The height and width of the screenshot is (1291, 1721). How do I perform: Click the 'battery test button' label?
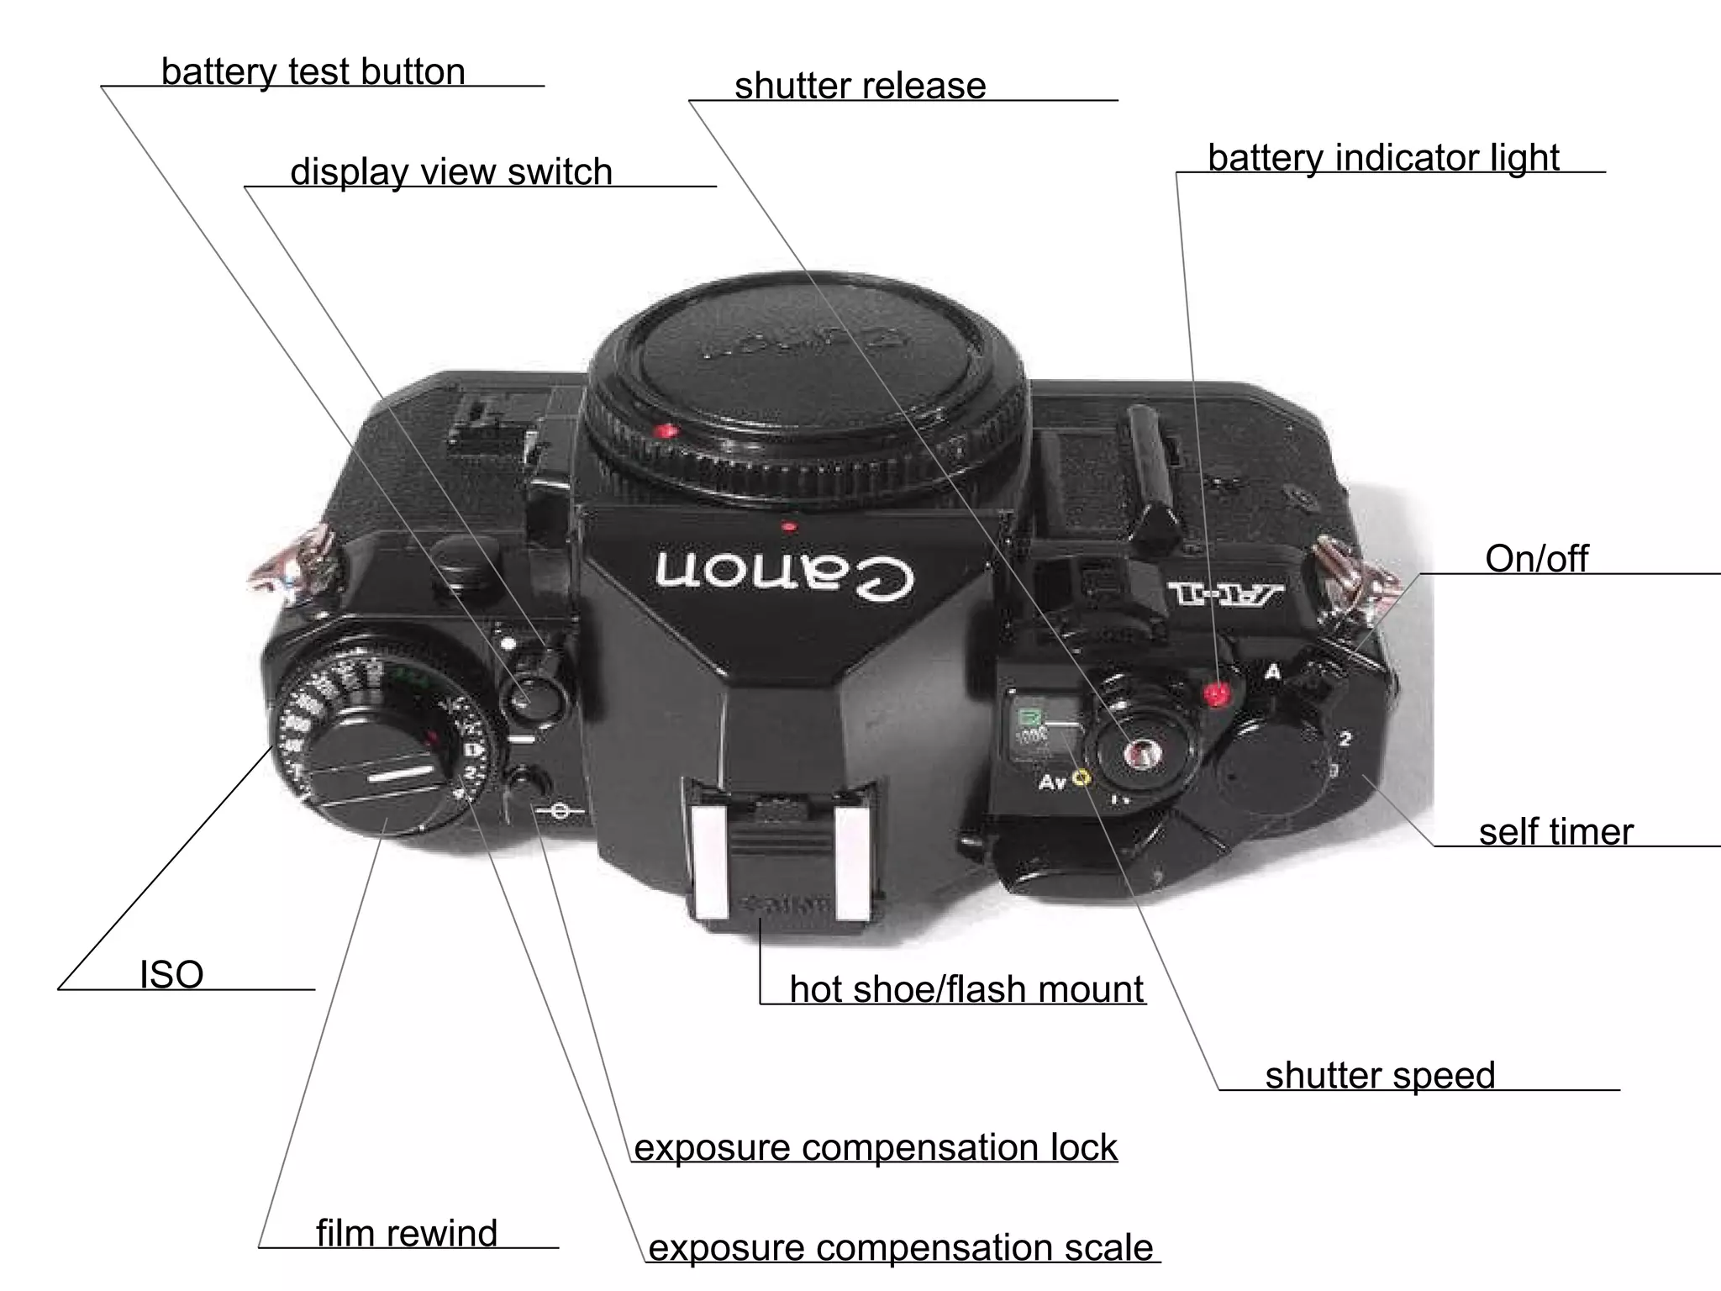(x=313, y=72)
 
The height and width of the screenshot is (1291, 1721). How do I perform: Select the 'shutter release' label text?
(x=860, y=87)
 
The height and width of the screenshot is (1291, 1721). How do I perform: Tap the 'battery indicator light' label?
(x=1383, y=158)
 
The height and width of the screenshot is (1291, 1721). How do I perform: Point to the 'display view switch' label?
(x=451, y=172)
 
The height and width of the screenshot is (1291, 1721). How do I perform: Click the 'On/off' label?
(x=1536, y=559)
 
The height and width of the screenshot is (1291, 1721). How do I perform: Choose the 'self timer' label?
(x=1555, y=832)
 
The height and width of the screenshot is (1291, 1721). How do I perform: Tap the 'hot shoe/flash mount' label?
(x=966, y=989)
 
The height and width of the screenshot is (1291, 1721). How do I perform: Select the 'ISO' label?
(x=171, y=975)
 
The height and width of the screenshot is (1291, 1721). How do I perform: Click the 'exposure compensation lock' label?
(x=875, y=1148)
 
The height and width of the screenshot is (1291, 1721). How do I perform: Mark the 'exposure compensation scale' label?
(x=901, y=1248)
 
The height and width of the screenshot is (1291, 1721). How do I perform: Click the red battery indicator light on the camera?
(x=1216, y=694)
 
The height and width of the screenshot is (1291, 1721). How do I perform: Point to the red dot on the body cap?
(x=668, y=432)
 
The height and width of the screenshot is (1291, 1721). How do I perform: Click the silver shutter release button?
(x=1140, y=754)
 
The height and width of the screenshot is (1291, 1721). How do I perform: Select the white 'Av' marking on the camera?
(x=1052, y=783)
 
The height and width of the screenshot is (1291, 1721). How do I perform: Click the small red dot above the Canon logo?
(x=788, y=528)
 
